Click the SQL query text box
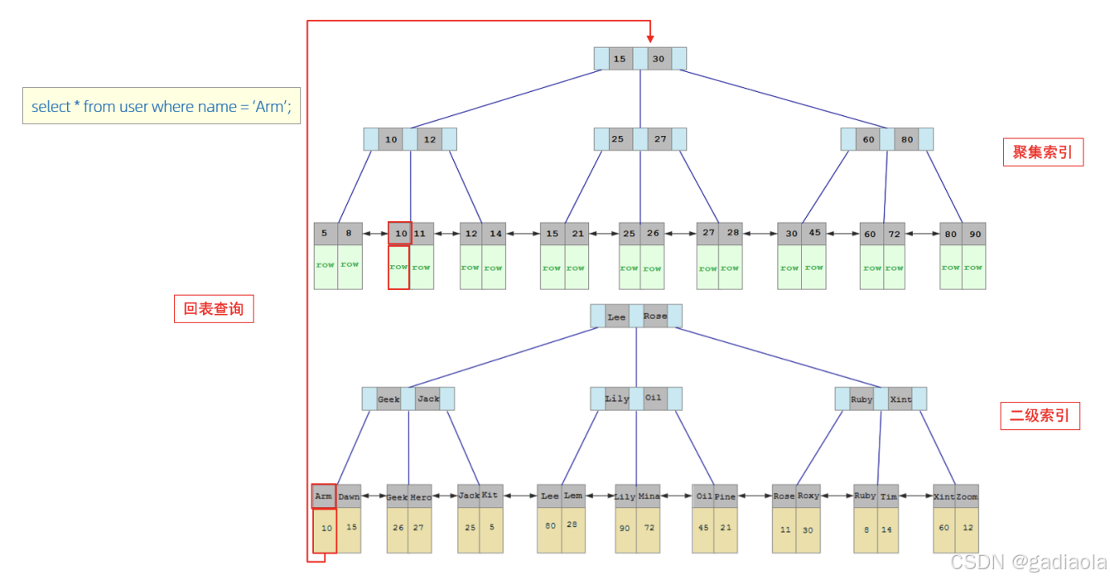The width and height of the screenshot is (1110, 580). tap(162, 106)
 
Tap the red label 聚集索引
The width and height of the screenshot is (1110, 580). tap(1043, 152)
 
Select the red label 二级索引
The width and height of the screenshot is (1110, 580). tap(1040, 415)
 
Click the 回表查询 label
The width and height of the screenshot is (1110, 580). tap(214, 309)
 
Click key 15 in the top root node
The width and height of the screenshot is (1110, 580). tap(620, 59)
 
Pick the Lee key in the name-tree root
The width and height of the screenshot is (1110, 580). tap(616, 317)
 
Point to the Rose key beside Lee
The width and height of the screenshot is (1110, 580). tap(654, 317)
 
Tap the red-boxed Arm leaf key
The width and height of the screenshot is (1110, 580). tap(324, 496)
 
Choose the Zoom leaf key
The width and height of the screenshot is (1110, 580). tap(967, 496)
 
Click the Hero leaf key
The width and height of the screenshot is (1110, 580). tap(420, 497)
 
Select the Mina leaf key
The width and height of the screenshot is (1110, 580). tap(649, 496)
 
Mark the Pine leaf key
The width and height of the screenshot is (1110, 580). tap(726, 496)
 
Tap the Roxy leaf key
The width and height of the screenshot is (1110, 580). tap(808, 495)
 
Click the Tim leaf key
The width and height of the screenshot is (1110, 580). tap(889, 496)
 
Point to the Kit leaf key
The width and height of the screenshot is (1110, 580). tap(491, 495)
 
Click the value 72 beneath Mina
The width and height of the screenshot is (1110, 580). tap(649, 528)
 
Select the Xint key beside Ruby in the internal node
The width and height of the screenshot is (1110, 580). tap(900, 399)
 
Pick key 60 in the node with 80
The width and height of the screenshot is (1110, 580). tap(868, 139)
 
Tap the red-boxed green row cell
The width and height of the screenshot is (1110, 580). tap(399, 268)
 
